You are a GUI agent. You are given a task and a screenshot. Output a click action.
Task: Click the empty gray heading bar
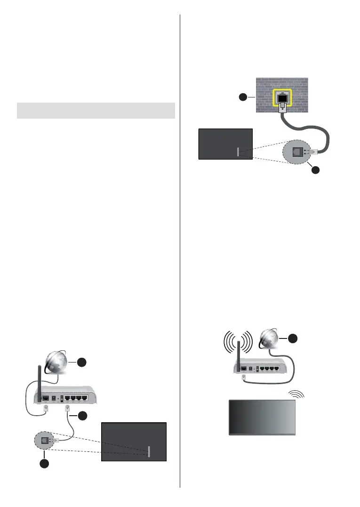96,111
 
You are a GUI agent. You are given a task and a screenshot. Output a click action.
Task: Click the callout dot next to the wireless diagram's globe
292,338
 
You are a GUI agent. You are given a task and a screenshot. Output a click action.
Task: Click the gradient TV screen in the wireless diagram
262,417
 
